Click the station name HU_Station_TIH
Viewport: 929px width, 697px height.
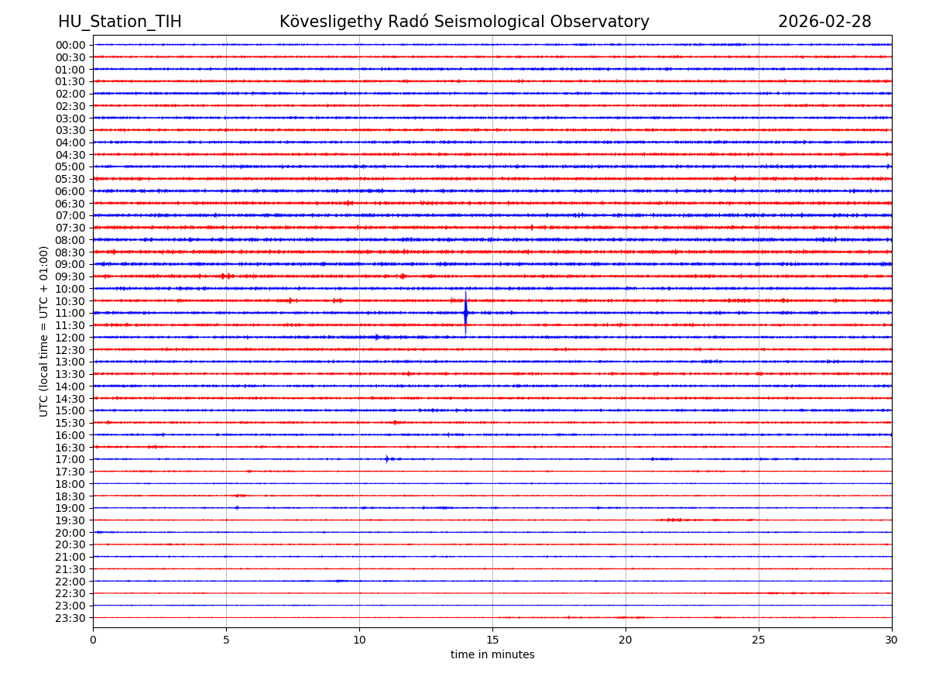(x=120, y=22)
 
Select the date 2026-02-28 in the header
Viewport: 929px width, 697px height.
(x=824, y=22)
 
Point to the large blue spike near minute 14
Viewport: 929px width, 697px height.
(x=465, y=312)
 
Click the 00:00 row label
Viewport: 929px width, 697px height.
(x=70, y=45)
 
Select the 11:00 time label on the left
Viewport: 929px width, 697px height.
(x=70, y=313)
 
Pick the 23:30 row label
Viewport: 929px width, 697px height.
(x=70, y=618)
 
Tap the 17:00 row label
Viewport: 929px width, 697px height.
(x=70, y=459)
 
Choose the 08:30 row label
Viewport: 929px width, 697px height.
(x=70, y=252)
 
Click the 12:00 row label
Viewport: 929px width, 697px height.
(x=70, y=338)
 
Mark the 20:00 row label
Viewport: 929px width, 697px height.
(x=70, y=533)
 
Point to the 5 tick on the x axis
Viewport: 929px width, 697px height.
(x=226, y=640)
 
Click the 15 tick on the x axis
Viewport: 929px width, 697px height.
(x=492, y=640)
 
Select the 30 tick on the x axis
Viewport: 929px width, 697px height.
(x=892, y=640)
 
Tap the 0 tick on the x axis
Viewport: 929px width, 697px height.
(x=93, y=640)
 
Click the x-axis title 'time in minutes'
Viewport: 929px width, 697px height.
(x=492, y=655)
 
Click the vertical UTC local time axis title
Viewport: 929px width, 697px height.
(x=44, y=331)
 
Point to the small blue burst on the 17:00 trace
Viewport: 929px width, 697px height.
(x=387, y=458)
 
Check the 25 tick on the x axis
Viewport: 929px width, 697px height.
(x=759, y=640)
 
